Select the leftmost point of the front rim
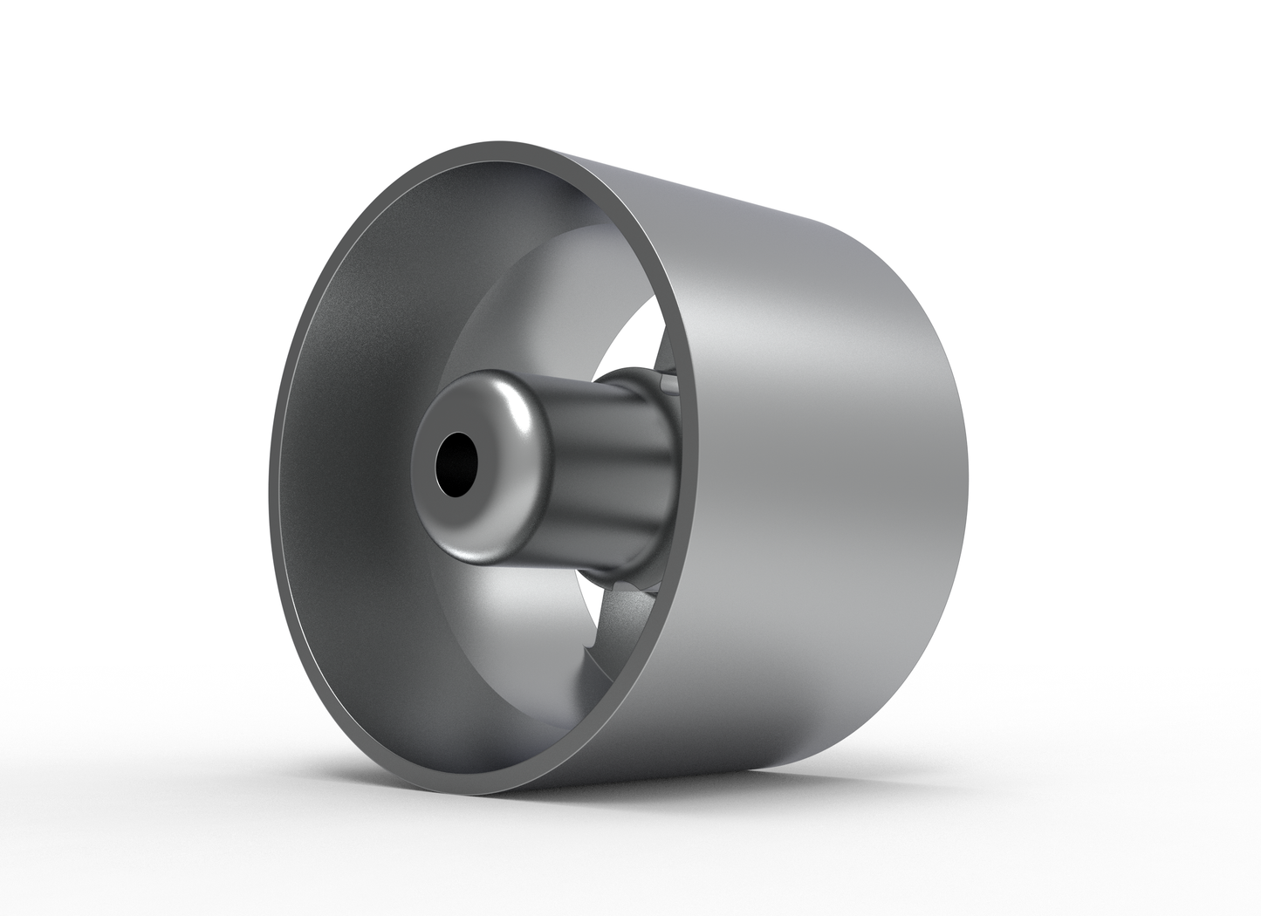[x=271, y=489]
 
